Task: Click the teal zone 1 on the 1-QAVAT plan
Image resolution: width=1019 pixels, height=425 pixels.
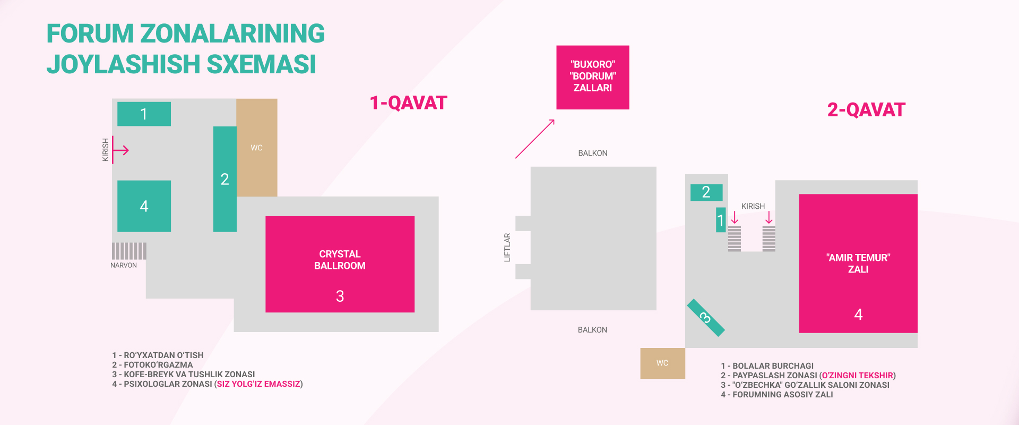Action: tap(144, 114)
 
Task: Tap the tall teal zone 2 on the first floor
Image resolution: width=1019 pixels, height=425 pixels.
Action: tap(224, 179)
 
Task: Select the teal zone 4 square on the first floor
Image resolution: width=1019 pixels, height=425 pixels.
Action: tap(144, 206)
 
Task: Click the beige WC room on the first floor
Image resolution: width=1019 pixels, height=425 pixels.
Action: tap(257, 148)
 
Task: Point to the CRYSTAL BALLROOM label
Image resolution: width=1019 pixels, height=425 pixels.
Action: tap(340, 260)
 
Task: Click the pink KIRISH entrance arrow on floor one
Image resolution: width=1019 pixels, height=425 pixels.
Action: tap(120, 150)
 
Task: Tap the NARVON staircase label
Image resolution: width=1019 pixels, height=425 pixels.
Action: tap(124, 265)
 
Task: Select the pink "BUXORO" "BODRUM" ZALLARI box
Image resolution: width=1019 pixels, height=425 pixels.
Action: tap(592, 77)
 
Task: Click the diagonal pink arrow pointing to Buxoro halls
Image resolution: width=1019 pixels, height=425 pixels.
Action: tap(535, 139)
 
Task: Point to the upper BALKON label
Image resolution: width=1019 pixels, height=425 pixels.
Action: tap(593, 153)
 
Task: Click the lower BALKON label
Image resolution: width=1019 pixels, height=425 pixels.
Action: tap(592, 330)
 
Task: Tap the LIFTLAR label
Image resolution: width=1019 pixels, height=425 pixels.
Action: tap(507, 248)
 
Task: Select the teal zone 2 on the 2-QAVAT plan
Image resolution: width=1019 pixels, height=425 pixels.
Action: tap(706, 192)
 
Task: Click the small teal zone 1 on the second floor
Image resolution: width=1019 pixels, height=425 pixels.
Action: tap(720, 220)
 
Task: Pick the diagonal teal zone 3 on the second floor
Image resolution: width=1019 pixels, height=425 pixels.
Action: tap(705, 318)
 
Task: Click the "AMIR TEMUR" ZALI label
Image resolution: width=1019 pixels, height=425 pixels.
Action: tap(858, 263)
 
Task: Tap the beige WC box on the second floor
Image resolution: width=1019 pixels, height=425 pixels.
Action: tap(662, 363)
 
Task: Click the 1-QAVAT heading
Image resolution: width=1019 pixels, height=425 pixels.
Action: tap(408, 103)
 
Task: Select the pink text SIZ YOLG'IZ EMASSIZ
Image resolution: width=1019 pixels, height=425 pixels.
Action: tap(258, 384)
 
